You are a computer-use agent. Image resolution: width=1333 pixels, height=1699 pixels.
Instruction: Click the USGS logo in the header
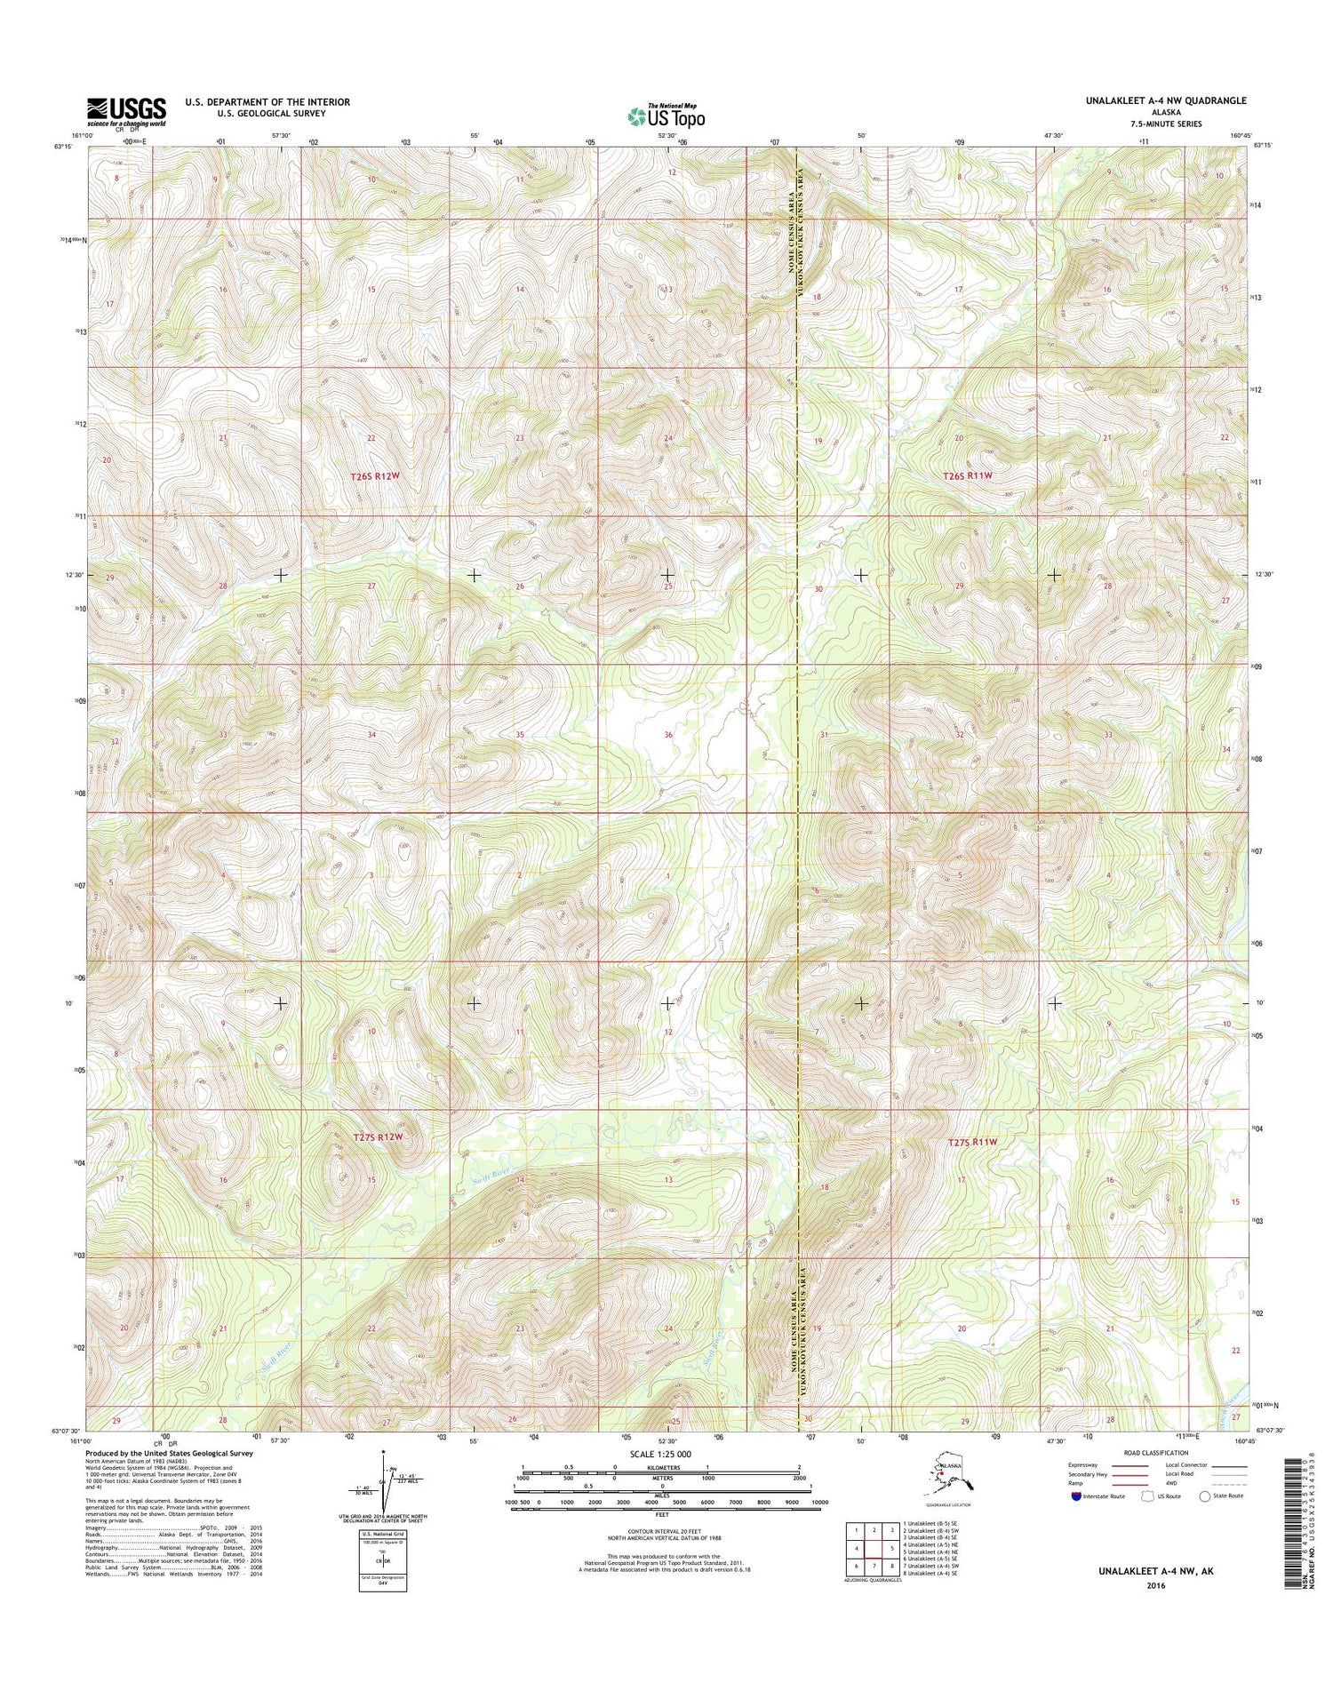pyautogui.click(x=125, y=112)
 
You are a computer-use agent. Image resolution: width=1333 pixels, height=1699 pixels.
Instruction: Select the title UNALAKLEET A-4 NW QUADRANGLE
pyautogui.click(x=1165, y=101)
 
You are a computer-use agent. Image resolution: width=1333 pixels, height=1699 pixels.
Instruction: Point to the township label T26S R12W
pyautogui.click(x=375, y=476)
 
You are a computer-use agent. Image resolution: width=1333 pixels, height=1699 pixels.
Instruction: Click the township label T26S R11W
pyautogui.click(x=967, y=476)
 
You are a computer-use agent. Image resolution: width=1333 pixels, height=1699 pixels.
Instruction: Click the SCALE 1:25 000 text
pyautogui.click(x=662, y=1455)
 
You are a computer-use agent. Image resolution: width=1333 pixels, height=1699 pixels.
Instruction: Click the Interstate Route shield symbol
pyautogui.click(x=1077, y=1496)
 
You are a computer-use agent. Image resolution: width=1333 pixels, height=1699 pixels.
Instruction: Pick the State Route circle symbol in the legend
pyautogui.click(x=1205, y=1496)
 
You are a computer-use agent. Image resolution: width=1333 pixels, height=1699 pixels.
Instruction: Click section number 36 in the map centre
pyautogui.click(x=668, y=735)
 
